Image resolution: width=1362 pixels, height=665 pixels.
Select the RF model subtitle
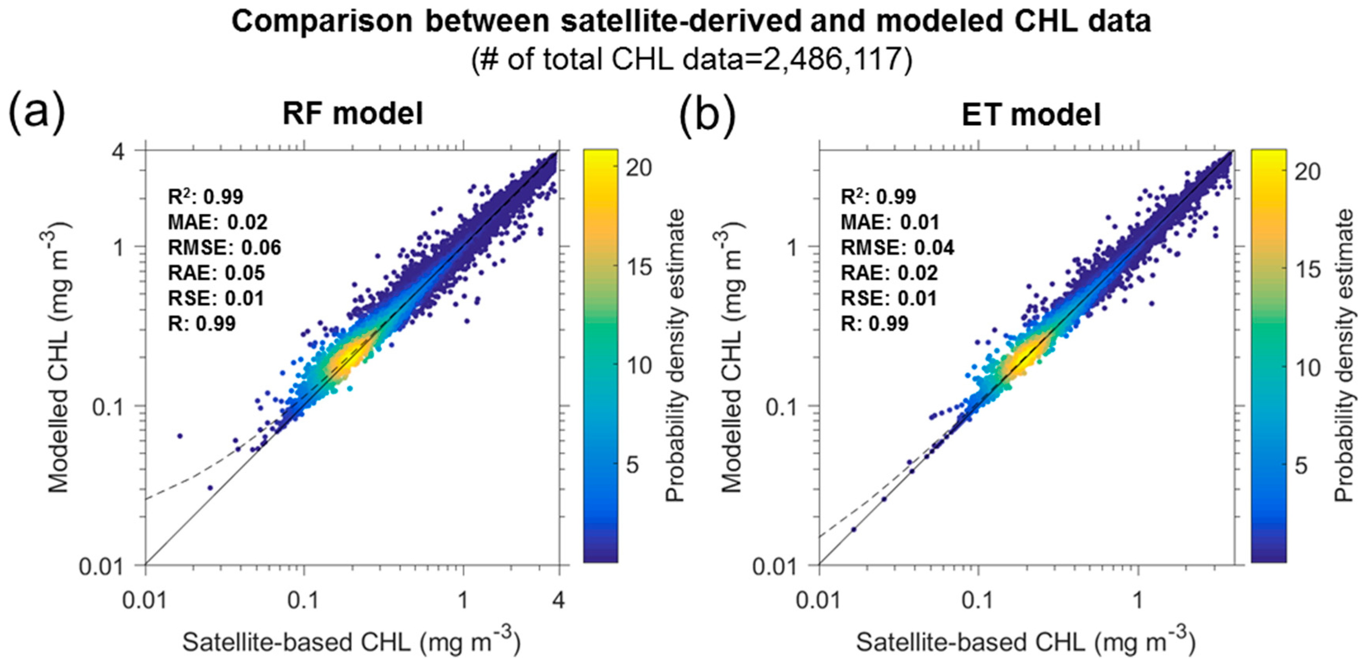pos(353,114)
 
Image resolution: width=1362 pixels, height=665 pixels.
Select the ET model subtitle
pos(1031,114)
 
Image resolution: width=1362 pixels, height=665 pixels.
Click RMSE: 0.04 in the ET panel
pos(897,247)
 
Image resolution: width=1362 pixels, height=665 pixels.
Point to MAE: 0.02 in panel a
pos(217,222)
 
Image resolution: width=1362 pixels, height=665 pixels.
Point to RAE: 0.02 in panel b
pos(889,273)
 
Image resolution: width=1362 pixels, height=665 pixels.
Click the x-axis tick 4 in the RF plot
pos(558,601)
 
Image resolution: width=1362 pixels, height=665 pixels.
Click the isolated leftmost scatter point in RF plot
pos(180,436)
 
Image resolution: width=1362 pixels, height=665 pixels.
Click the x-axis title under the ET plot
pos(1025,642)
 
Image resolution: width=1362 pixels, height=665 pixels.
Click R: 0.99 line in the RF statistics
pos(202,323)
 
